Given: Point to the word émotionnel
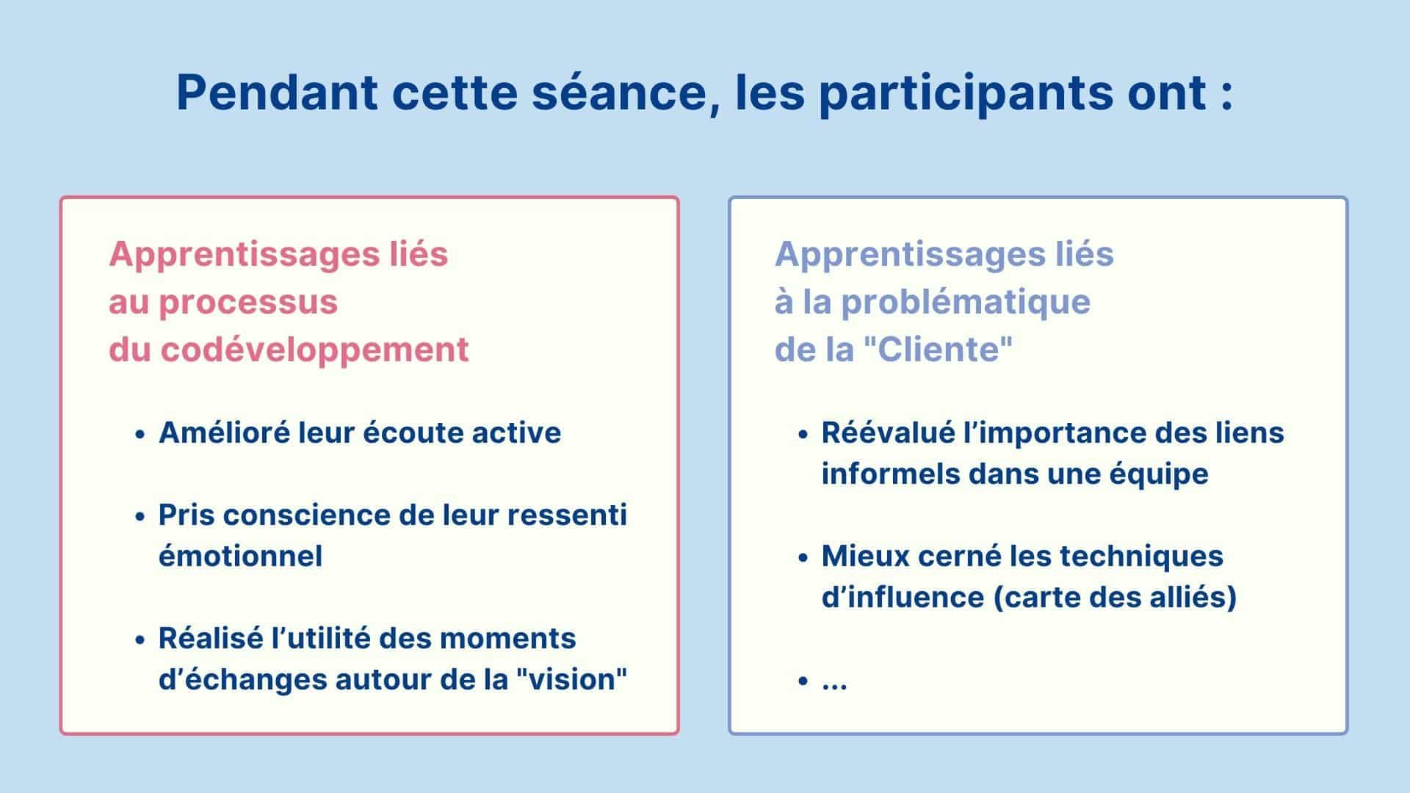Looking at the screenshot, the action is (x=241, y=556).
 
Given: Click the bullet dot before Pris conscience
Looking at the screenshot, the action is (x=140, y=516).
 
